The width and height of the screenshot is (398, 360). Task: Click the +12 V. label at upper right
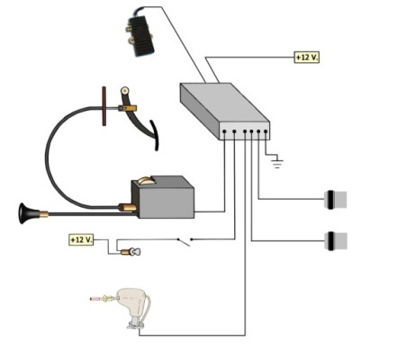click(x=306, y=57)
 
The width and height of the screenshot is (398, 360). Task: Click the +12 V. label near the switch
click(x=81, y=239)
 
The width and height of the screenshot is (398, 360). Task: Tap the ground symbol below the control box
click(x=276, y=161)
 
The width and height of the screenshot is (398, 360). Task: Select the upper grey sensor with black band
click(x=336, y=200)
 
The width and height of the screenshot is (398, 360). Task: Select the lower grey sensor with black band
click(x=336, y=241)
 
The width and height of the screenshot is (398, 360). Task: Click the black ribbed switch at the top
click(x=140, y=34)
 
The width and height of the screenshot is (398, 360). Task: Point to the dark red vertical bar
click(x=104, y=106)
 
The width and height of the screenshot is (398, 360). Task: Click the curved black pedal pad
click(x=155, y=135)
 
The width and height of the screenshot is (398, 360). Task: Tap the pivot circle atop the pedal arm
click(x=124, y=90)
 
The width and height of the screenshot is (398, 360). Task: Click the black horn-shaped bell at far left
click(x=29, y=213)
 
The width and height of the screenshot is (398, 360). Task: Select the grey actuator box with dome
click(x=163, y=197)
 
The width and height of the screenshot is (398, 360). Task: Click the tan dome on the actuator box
click(x=146, y=181)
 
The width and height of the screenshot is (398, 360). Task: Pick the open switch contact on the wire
click(x=185, y=241)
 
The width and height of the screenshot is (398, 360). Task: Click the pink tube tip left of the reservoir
click(x=95, y=299)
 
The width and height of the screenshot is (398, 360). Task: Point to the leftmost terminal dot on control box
click(x=224, y=131)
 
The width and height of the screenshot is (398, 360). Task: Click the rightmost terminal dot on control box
click(x=266, y=131)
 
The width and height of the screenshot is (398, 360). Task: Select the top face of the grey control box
click(x=225, y=103)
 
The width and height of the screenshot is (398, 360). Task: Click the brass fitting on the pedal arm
click(x=128, y=108)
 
